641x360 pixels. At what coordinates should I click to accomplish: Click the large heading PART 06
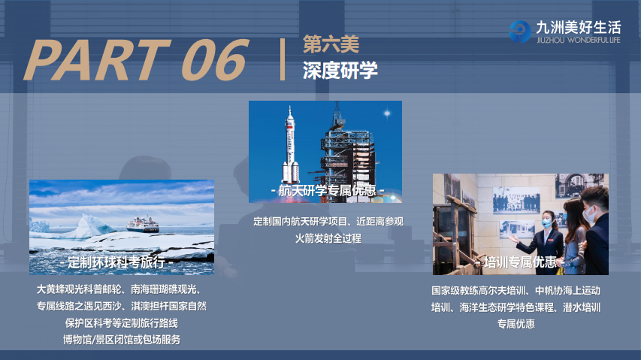pyautogui.click(x=137, y=60)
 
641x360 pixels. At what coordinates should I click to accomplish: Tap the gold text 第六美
pyautogui.click(x=331, y=44)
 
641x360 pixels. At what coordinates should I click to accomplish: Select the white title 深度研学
pyautogui.click(x=340, y=71)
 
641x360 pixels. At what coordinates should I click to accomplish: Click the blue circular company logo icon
pyautogui.click(x=519, y=32)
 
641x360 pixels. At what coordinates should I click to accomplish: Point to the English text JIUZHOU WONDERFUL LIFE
pyautogui.click(x=579, y=40)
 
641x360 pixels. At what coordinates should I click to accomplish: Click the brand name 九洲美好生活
pyautogui.click(x=579, y=27)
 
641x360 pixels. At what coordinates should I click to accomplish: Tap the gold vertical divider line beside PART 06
pyautogui.click(x=282, y=59)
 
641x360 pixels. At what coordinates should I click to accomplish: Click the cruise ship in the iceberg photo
pyautogui.click(x=143, y=224)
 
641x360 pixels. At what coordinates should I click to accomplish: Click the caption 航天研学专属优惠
pyautogui.click(x=327, y=190)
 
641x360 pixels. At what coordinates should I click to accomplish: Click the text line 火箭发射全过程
pyautogui.click(x=328, y=238)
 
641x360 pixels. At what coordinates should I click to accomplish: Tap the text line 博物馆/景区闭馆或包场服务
pyautogui.click(x=122, y=340)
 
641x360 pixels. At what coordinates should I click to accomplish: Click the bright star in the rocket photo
pyautogui.click(x=387, y=113)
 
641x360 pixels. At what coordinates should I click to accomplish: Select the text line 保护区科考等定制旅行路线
pyautogui.click(x=122, y=323)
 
